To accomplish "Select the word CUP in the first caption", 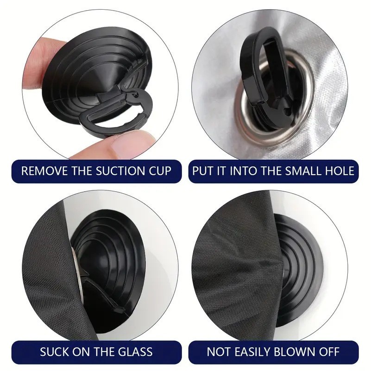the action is click(x=160, y=171).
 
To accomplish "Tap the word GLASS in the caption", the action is click(x=135, y=352).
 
